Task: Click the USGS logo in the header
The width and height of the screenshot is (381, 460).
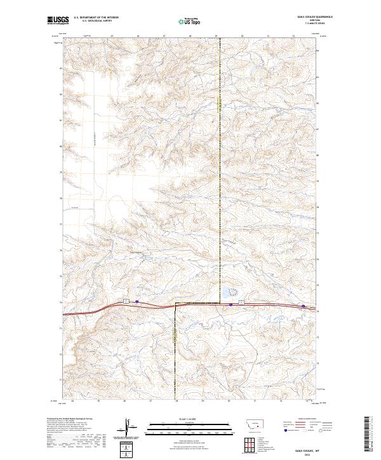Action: pyautogui.click(x=58, y=20)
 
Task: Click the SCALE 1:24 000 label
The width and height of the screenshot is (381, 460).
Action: pyautogui.click(x=190, y=419)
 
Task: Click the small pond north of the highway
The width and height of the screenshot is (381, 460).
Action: pyautogui.click(x=227, y=293)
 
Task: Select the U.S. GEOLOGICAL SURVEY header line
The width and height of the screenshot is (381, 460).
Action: pyautogui.click(x=95, y=21)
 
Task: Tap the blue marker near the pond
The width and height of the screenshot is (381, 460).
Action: pyautogui.click(x=231, y=305)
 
